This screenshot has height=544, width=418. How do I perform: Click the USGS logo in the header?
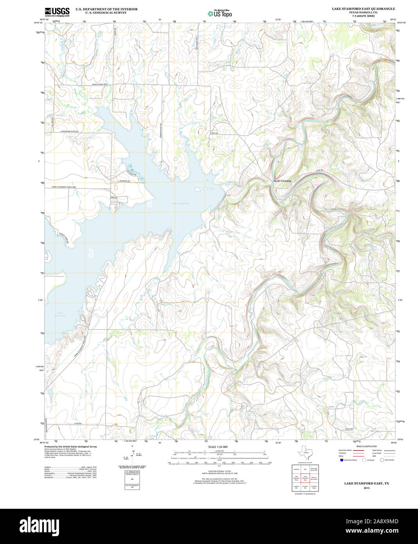57,12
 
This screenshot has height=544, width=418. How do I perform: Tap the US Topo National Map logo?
220,13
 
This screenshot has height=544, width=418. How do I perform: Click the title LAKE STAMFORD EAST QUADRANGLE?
363,9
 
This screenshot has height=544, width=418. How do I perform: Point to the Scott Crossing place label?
282,181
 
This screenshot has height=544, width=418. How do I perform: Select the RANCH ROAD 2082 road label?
100,84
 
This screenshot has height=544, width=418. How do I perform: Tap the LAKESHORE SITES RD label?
69,131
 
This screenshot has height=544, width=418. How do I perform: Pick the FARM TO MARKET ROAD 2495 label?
64,187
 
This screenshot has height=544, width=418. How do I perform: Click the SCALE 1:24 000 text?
218,447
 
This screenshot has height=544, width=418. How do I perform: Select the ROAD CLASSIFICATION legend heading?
366,446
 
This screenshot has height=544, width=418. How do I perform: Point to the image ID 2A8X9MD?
379,521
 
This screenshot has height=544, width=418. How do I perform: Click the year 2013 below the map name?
366,488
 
